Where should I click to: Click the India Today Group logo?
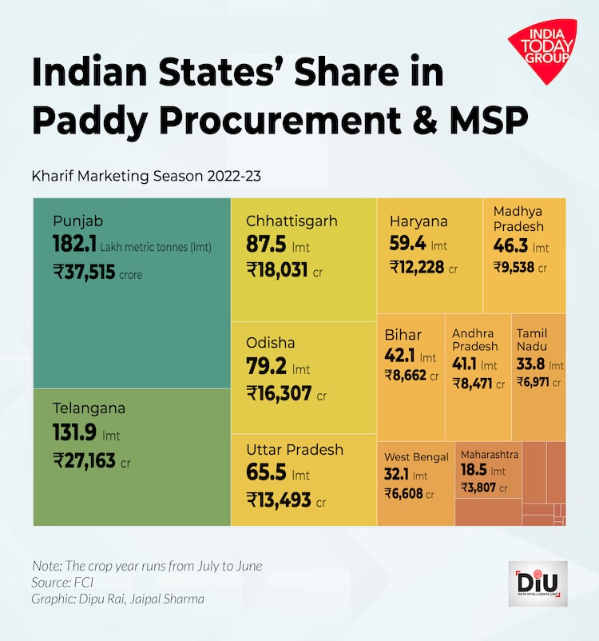[541, 50]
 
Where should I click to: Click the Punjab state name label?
[78, 221]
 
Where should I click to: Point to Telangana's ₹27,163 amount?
[85, 460]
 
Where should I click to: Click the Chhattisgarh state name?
[292, 221]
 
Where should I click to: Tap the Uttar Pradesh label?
[295, 450]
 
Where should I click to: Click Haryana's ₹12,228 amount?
[417, 267]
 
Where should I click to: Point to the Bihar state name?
[403, 335]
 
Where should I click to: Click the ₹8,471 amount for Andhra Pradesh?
[472, 384]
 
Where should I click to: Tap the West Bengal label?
[416, 457]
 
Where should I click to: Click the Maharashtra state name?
[490, 455]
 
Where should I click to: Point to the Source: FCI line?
[61, 582]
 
